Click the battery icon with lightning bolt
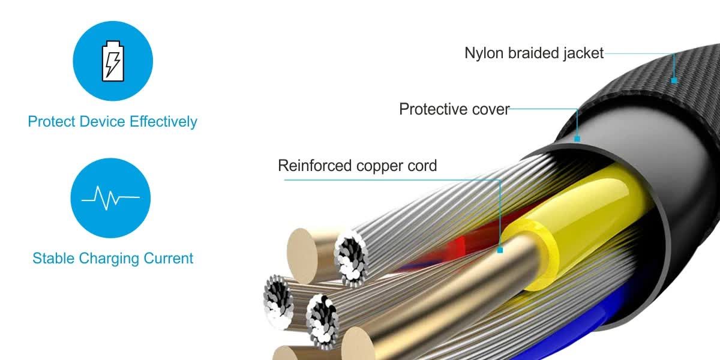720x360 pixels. point(113,61)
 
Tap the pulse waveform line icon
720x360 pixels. point(110,197)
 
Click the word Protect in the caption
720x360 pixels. point(52,121)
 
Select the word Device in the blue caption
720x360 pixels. point(102,121)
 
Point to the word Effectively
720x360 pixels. point(163,122)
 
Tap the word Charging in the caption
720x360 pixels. point(109,259)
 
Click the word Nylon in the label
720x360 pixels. point(484,53)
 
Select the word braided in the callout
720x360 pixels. point(533,53)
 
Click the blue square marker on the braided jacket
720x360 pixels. point(674,80)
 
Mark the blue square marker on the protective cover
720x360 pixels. point(577,139)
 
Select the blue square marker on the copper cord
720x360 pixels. point(500,250)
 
